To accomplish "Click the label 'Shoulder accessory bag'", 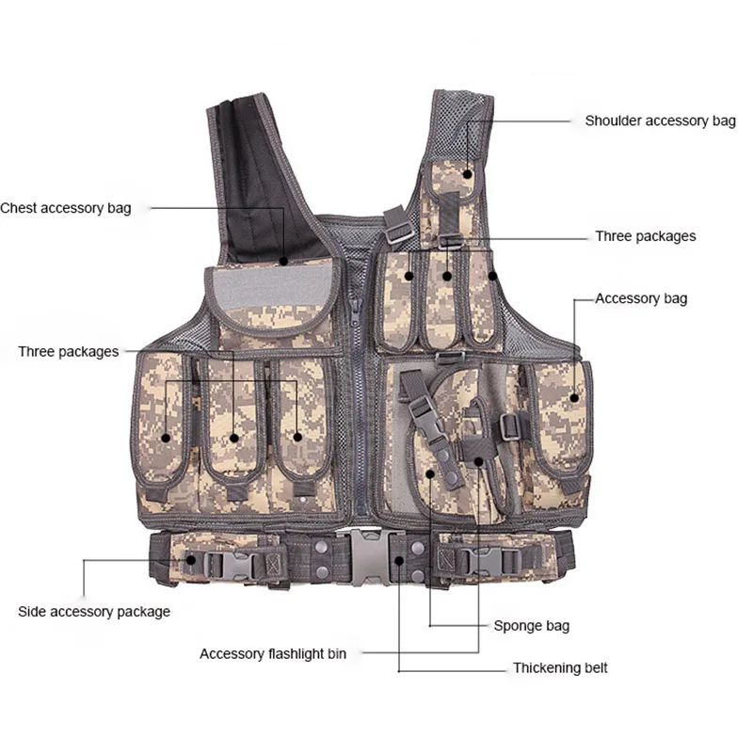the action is coord(660,121).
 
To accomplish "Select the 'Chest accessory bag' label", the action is coord(66,208).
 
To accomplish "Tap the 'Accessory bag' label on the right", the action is coord(641,298).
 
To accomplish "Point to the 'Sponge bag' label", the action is coord(531,625).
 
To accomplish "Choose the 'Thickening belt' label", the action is coord(559,668).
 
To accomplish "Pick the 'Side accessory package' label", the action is coord(94,612).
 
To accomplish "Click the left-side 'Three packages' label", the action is coord(68,352).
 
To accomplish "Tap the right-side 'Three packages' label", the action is coord(645,236).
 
